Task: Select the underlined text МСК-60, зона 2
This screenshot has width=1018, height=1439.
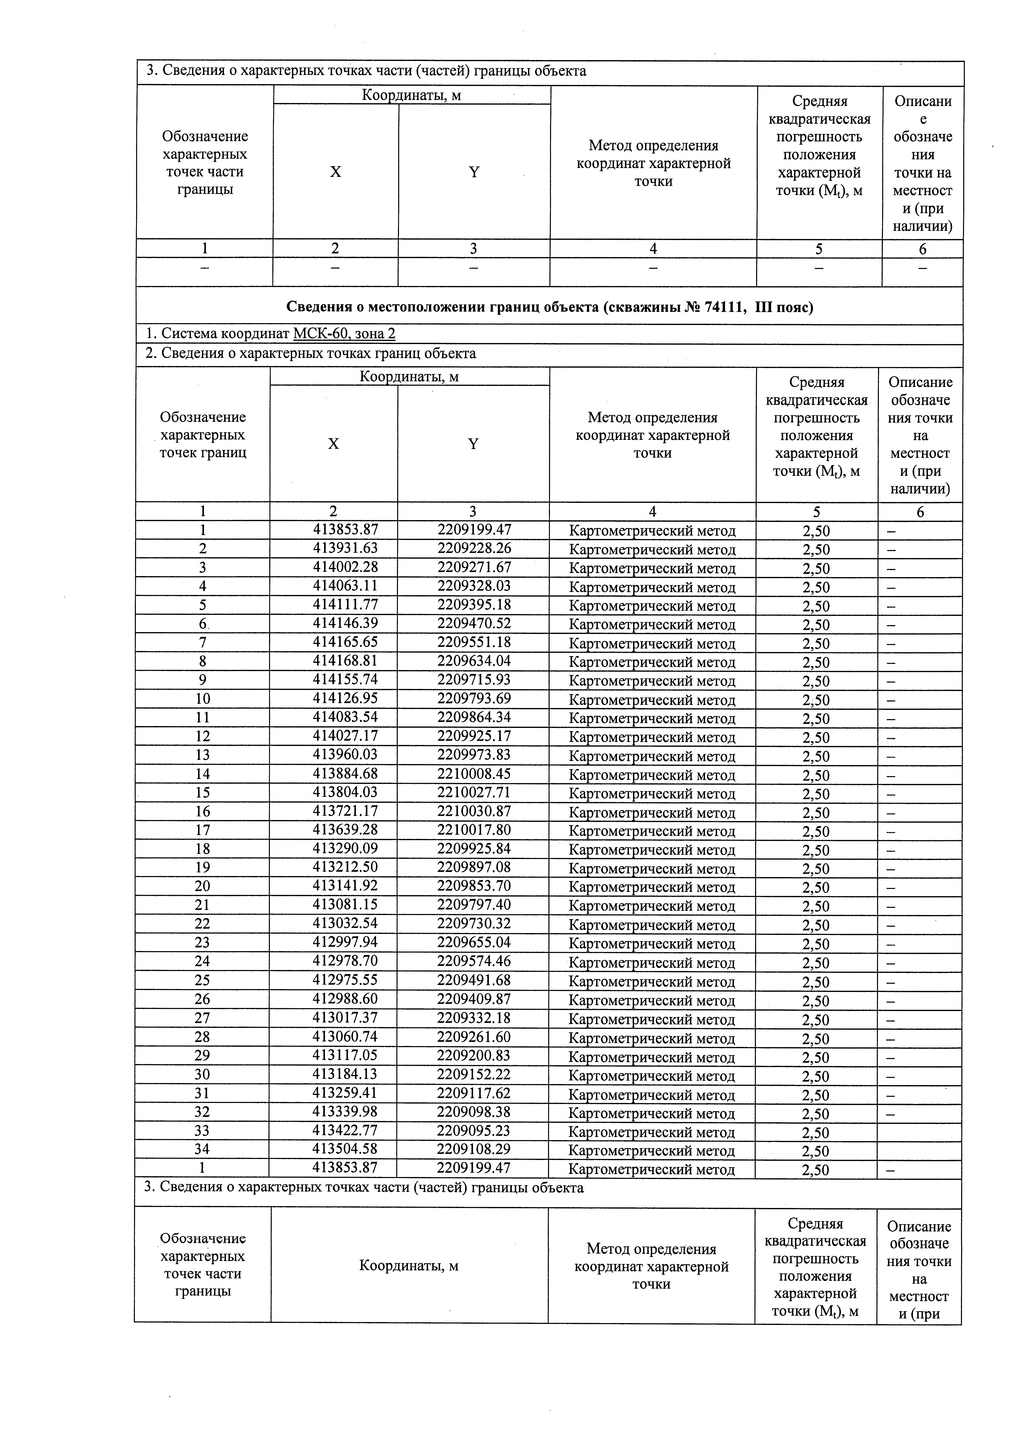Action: tap(344, 334)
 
